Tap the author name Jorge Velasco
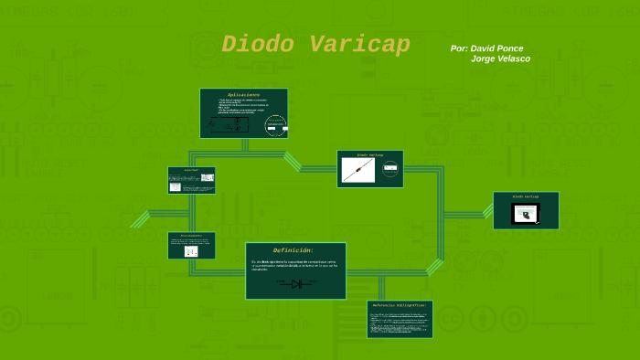point(500,58)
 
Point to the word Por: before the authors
point(459,48)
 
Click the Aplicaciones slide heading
point(243,94)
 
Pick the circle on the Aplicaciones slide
point(275,126)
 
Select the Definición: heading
point(293,250)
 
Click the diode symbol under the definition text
point(296,284)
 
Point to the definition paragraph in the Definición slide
point(294,265)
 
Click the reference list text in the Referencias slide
point(399,323)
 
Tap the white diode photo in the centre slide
point(359,170)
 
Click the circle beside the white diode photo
point(390,169)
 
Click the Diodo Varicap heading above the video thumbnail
point(526,196)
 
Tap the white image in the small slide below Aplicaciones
point(175,186)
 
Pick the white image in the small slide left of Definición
point(191,250)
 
